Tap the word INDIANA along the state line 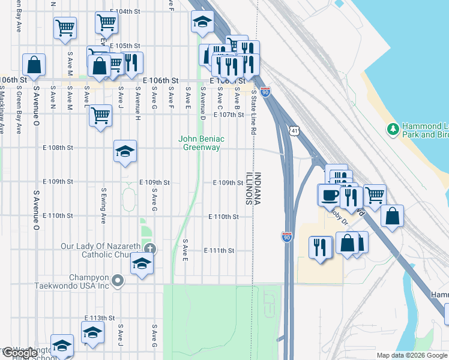pos(258,190)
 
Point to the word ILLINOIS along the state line pos(249,190)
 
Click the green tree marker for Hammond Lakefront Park pos(393,129)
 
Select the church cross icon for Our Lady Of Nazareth pos(150,248)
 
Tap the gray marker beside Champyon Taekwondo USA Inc pos(118,280)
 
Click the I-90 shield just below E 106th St pos(265,92)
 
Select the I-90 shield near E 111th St pos(288,238)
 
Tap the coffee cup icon pos(330,195)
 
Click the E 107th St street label pos(229,115)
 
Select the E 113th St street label pos(99,317)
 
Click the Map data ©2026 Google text pos(411,355)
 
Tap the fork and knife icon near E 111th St pos(319,246)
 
